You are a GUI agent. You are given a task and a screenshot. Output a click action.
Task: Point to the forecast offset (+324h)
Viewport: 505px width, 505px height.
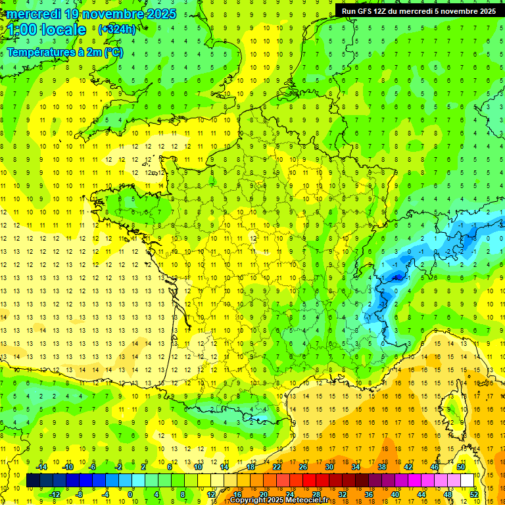click(x=117, y=30)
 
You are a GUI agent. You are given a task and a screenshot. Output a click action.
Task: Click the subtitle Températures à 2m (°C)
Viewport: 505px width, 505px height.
click(x=64, y=51)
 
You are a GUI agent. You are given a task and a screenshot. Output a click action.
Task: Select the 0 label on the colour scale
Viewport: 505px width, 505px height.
click(x=130, y=494)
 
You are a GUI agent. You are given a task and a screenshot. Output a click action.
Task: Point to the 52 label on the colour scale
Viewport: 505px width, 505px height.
click(x=474, y=494)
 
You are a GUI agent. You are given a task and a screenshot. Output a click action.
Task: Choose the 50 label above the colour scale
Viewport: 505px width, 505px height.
click(x=461, y=467)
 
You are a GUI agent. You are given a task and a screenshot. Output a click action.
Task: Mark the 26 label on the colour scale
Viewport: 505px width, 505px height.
click(x=303, y=467)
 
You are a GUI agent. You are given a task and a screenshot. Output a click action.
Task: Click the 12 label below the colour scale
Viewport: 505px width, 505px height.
click(x=212, y=494)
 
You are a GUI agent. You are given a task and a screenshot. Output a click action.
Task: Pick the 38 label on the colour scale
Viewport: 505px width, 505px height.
click(x=382, y=467)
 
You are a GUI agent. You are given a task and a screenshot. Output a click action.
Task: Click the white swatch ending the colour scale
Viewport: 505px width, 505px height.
click(x=468, y=481)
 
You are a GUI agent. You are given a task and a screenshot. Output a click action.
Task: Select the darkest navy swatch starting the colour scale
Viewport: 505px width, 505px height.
click(x=34, y=481)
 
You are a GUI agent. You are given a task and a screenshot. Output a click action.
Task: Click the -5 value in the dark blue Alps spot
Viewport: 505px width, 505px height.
click(x=396, y=278)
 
